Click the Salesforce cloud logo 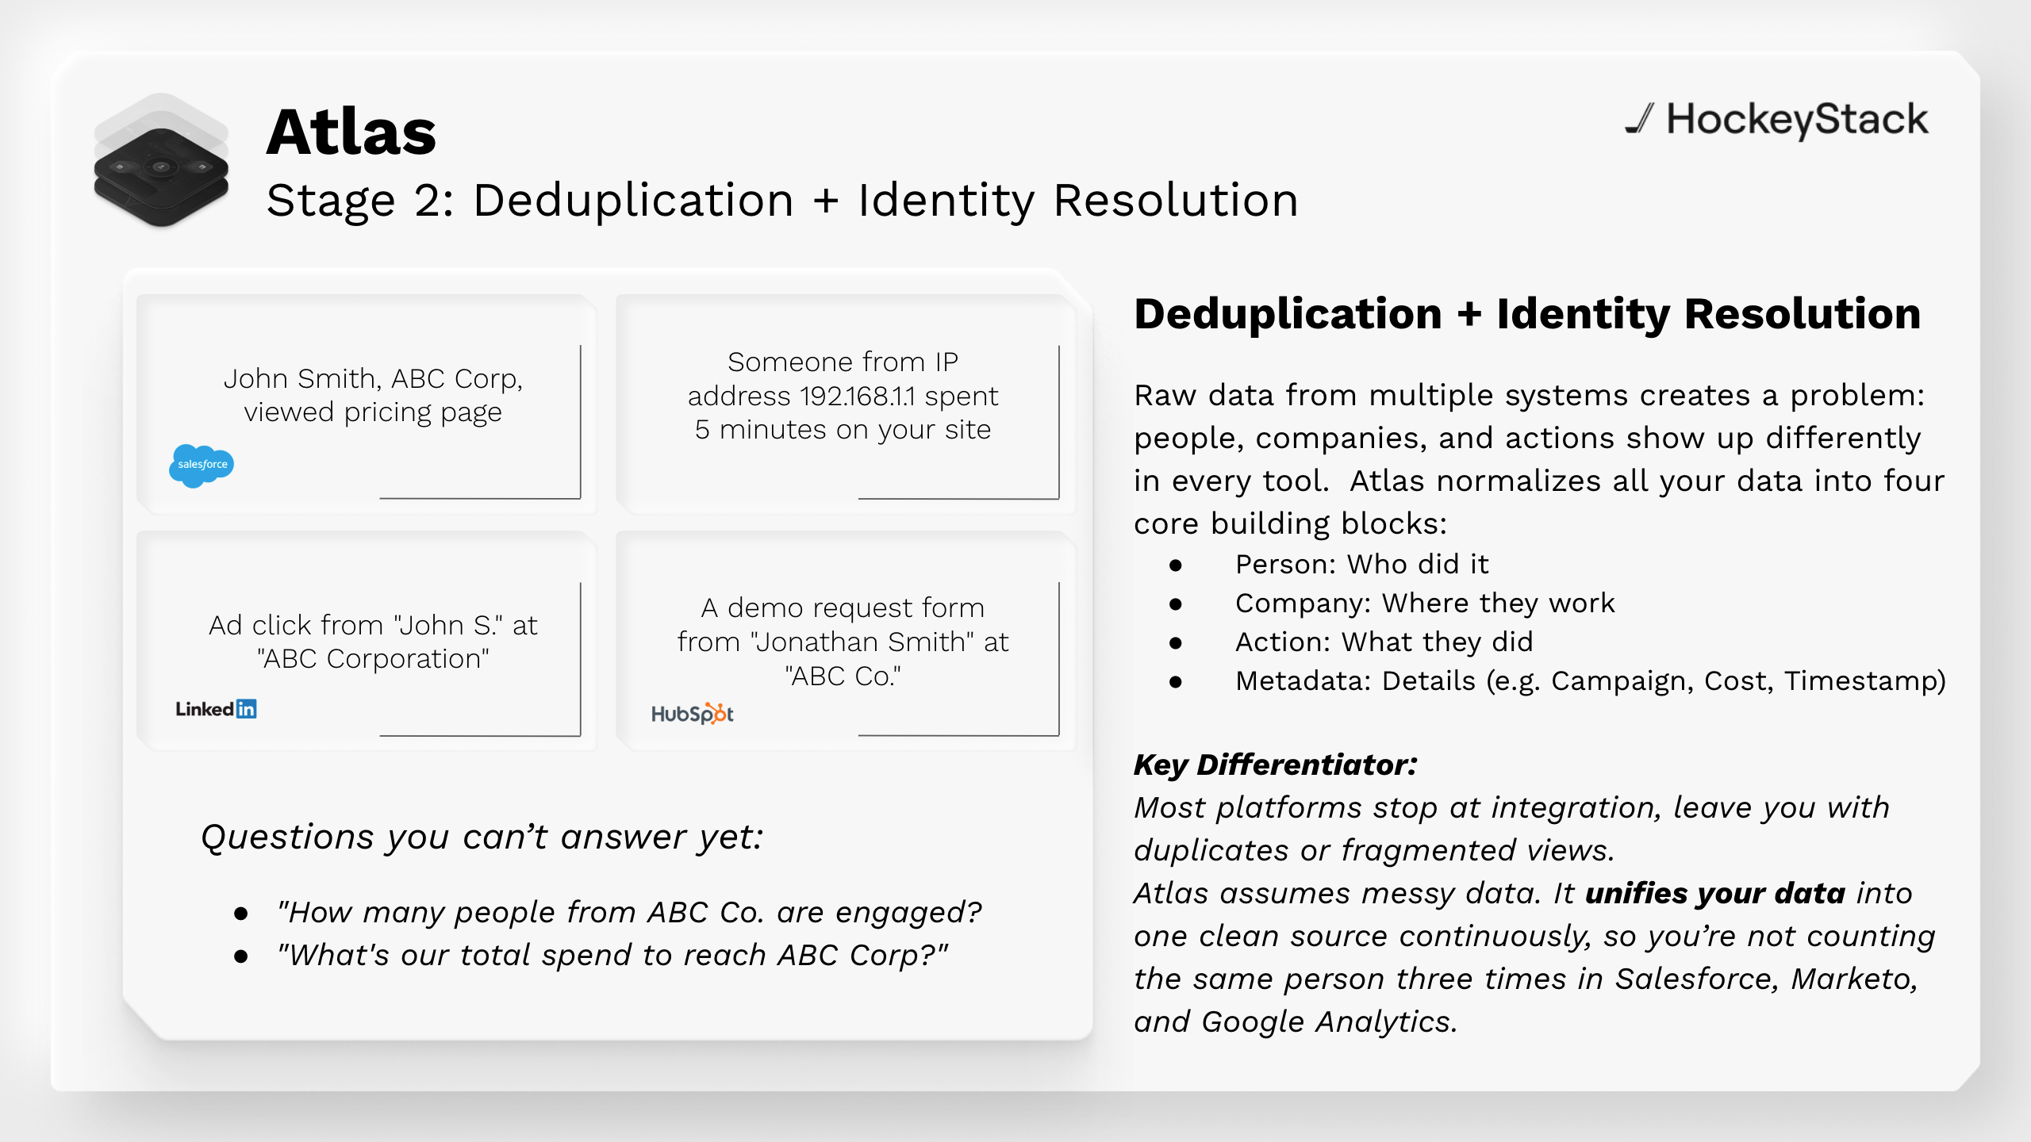point(202,466)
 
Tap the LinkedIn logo point(216,709)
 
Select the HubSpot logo point(692,714)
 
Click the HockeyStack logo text point(1797,121)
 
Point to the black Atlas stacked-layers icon point(161,161)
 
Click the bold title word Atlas point(351,132)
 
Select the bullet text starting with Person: point(1361,564)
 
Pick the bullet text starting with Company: point(1425,604)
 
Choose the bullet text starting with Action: point(1384,642)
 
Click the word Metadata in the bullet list point(1303,680)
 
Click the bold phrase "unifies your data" point(1715,894)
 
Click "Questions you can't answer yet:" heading point(482,837)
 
